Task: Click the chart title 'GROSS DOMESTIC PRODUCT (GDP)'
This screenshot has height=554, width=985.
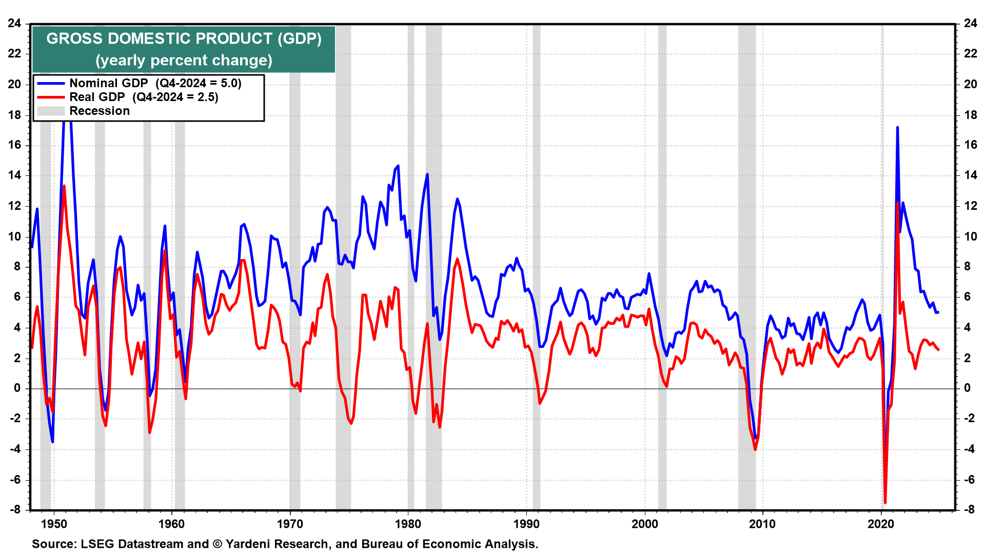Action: (184, 39)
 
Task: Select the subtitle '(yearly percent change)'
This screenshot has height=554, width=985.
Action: (184, 61)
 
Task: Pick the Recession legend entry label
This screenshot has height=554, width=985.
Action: (100, 111)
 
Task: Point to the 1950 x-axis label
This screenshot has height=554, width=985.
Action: (54, 524)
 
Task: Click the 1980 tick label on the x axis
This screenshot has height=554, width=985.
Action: (408, 524)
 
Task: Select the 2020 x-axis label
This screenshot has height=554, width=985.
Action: (881, 524)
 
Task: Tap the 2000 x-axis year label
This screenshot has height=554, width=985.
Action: (645, 524)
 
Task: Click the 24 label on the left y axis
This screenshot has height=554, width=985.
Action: (14, 23)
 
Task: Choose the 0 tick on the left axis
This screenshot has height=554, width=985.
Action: (17, 388)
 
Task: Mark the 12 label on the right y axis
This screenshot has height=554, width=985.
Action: (970, 206)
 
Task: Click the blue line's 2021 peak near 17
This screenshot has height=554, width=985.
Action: (897, 127)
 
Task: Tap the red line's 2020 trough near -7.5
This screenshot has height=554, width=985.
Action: (885, 502)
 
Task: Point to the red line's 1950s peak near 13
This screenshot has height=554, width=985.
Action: (64, 186)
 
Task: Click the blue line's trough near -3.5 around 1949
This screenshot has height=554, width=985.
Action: (52, 441)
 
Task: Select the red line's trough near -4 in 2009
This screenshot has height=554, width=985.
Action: (755, 449)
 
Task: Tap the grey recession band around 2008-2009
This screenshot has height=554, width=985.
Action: (746, 256)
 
